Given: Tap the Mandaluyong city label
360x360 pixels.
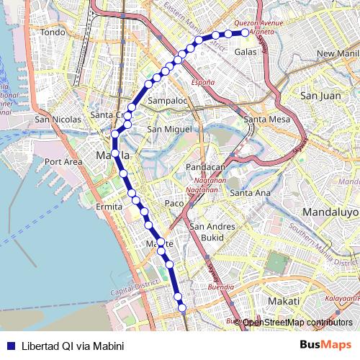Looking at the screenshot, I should click(330, 212).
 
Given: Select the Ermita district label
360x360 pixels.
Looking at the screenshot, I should click(109, 207).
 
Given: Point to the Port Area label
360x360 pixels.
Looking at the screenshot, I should click(64, 162).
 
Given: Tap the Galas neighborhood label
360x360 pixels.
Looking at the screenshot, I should click(246, 52).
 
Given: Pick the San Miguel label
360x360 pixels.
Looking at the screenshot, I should click(169, 129).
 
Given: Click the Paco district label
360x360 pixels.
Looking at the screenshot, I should click(174, 203).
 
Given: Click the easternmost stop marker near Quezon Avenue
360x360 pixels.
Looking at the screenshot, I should click(245, 32).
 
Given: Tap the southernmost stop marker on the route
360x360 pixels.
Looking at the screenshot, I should click(183, 308).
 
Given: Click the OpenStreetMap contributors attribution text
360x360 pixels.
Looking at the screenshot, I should click(298, 323).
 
